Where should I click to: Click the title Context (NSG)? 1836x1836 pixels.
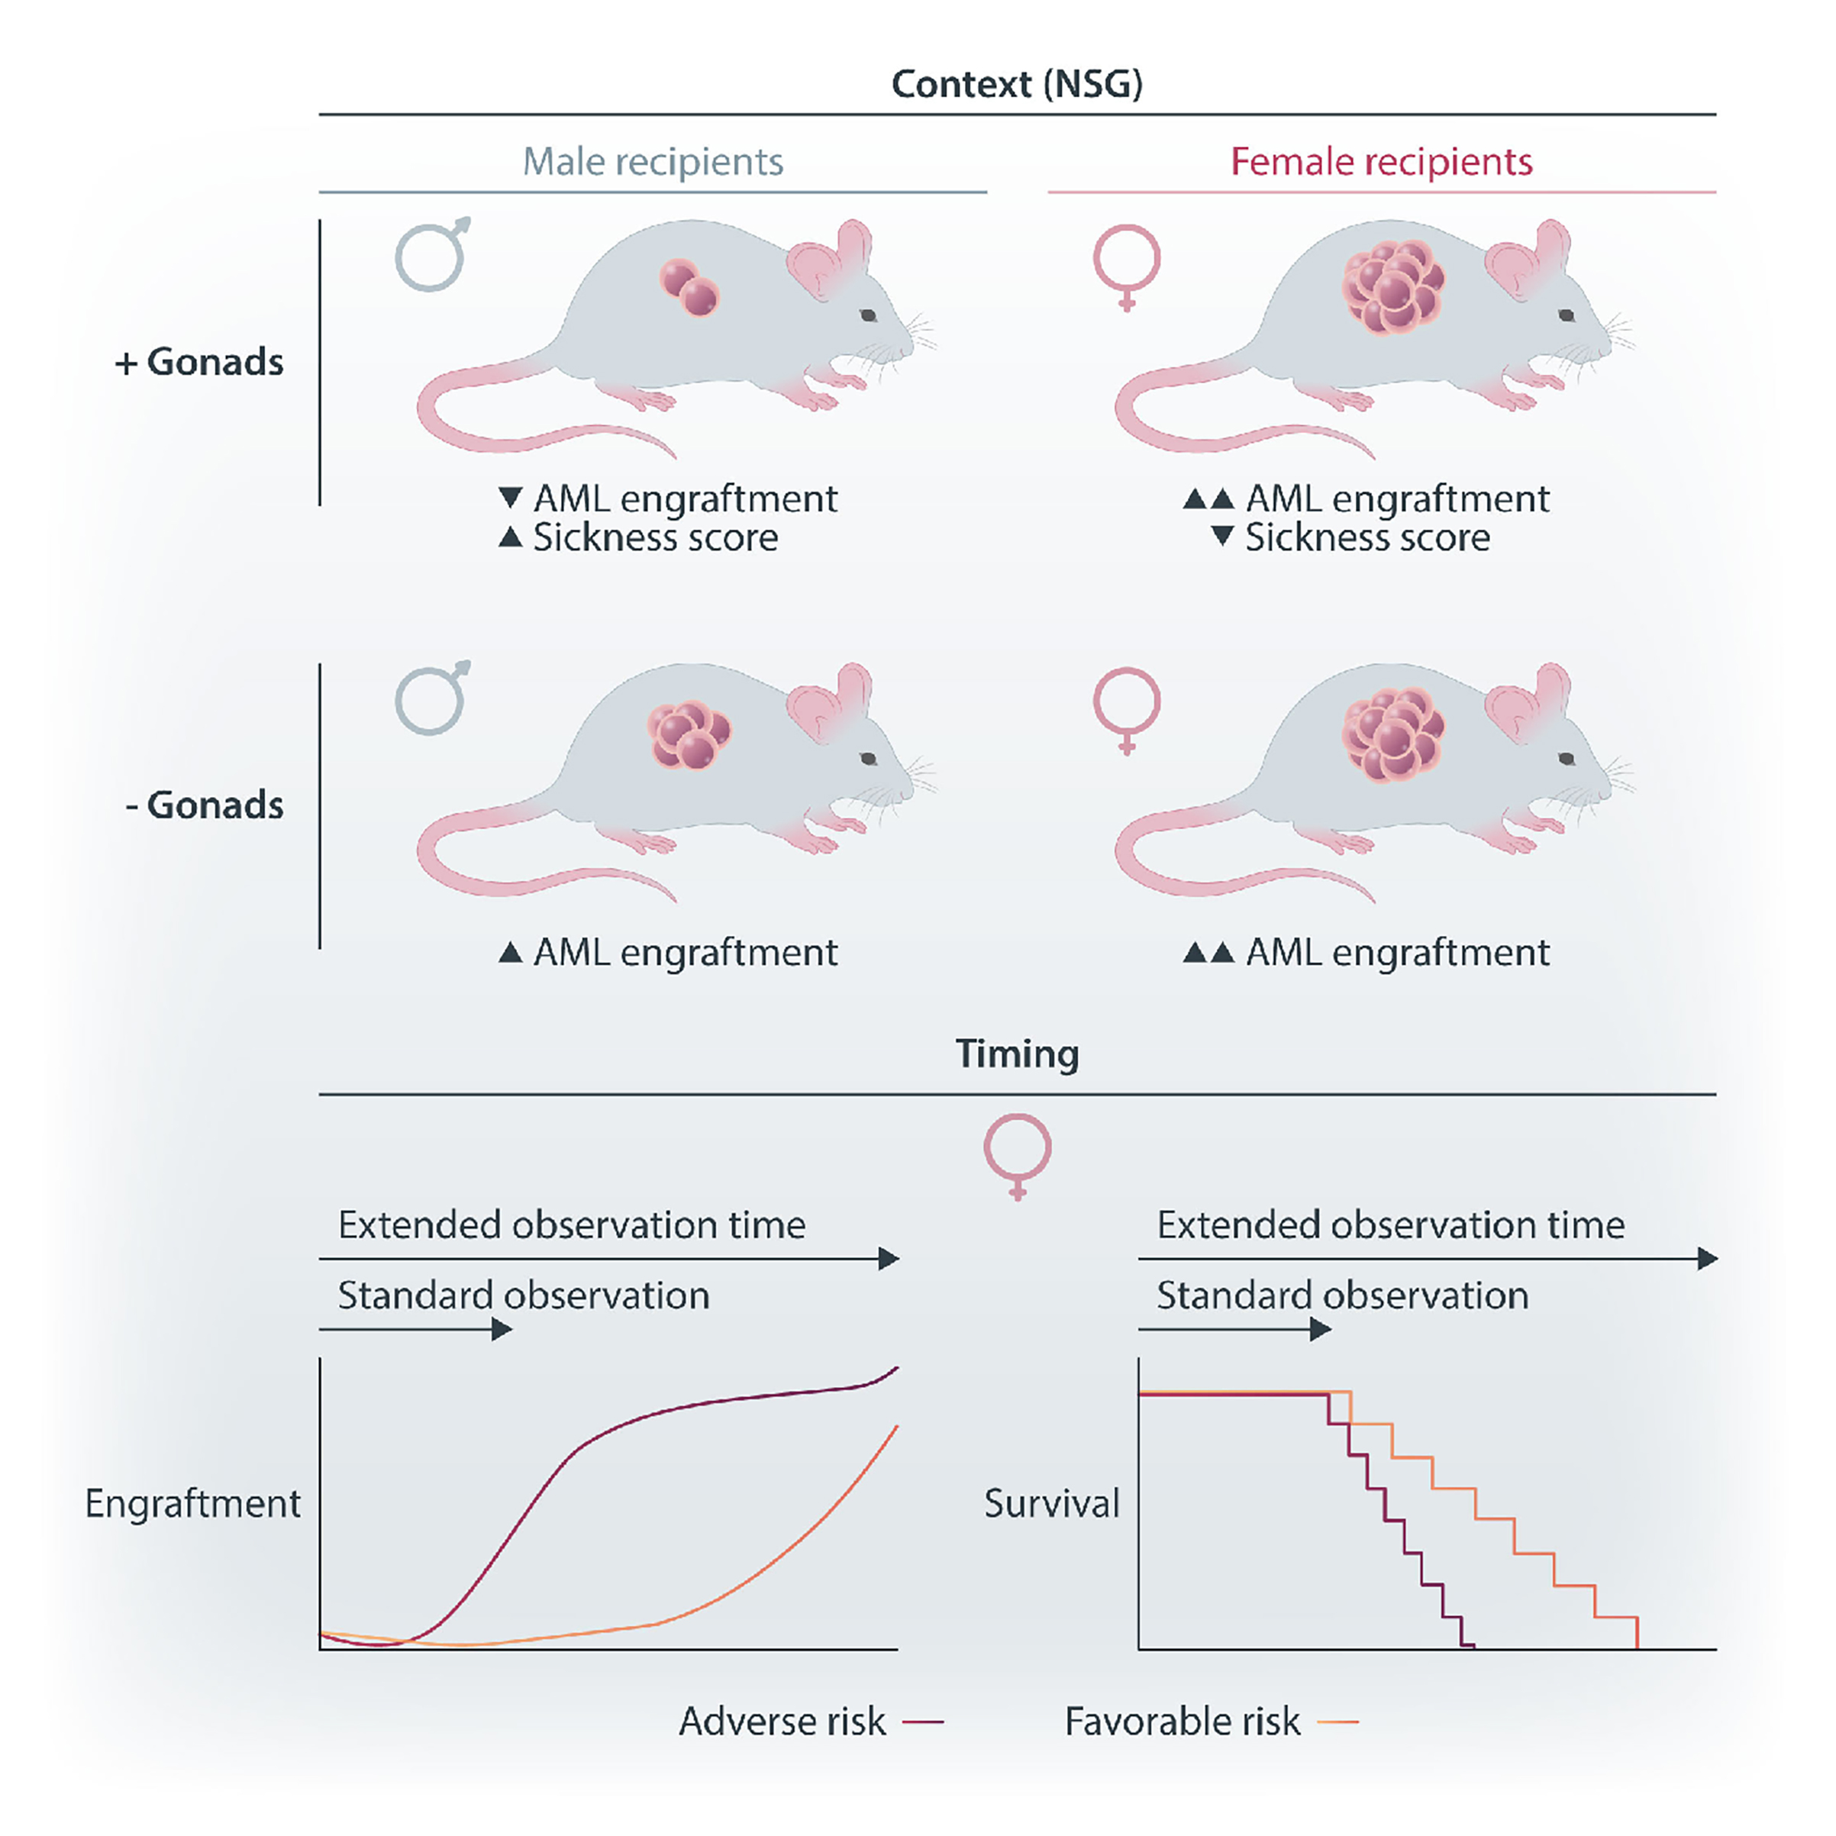[1016, 85]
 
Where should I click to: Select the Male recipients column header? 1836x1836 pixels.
[653, 162]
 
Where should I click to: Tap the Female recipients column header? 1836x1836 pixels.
[1381, 162]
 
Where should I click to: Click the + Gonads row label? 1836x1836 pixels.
[199, 362]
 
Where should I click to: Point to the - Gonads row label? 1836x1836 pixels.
[205, 805]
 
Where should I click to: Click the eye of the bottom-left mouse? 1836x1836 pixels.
[869, 758]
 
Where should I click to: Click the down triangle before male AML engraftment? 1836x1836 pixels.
[510, 497]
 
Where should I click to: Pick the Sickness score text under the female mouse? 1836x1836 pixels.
[1367, 538]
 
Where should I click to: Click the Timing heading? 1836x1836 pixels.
[1017, 1054]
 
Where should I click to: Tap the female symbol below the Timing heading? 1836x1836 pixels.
[1017, 1154]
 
